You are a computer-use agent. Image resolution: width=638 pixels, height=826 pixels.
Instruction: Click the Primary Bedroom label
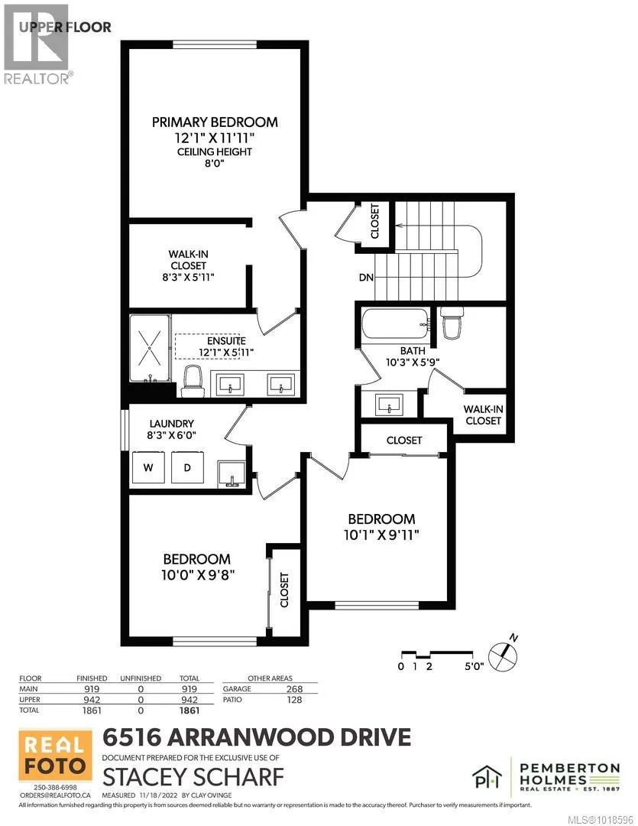click(215, 122)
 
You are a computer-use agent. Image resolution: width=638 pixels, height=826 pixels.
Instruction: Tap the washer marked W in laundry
click(147, 467)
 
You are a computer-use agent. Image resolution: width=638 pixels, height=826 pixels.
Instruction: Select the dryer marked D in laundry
click(185, 467)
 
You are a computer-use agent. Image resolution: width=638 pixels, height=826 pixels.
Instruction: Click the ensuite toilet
click(193, 380)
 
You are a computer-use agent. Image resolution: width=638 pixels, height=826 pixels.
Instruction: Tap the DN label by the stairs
click(365, 278)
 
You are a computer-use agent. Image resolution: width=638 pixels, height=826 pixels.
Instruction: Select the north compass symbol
click(503, 651)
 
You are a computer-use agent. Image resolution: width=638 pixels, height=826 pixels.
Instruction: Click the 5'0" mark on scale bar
click(474, 666)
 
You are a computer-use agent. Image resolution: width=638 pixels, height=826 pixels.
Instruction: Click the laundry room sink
click(232, 474)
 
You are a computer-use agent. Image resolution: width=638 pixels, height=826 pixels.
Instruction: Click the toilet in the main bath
click(450, 326)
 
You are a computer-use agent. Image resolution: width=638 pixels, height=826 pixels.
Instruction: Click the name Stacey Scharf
click(193, 777)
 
